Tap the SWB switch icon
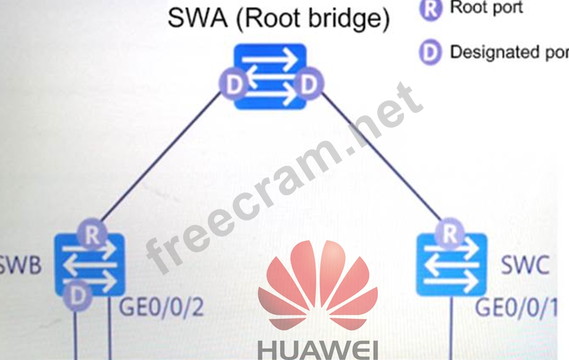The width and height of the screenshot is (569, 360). click(89, 265)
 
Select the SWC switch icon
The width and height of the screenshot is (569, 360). click(451, 265)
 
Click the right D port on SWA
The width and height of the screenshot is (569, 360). click(308, 85)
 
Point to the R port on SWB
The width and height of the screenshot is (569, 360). click(92, 236)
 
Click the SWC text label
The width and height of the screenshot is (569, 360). click(525, 266)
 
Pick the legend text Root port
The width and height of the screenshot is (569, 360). click(486, 9)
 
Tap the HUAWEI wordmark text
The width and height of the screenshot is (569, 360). click(318, 348)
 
